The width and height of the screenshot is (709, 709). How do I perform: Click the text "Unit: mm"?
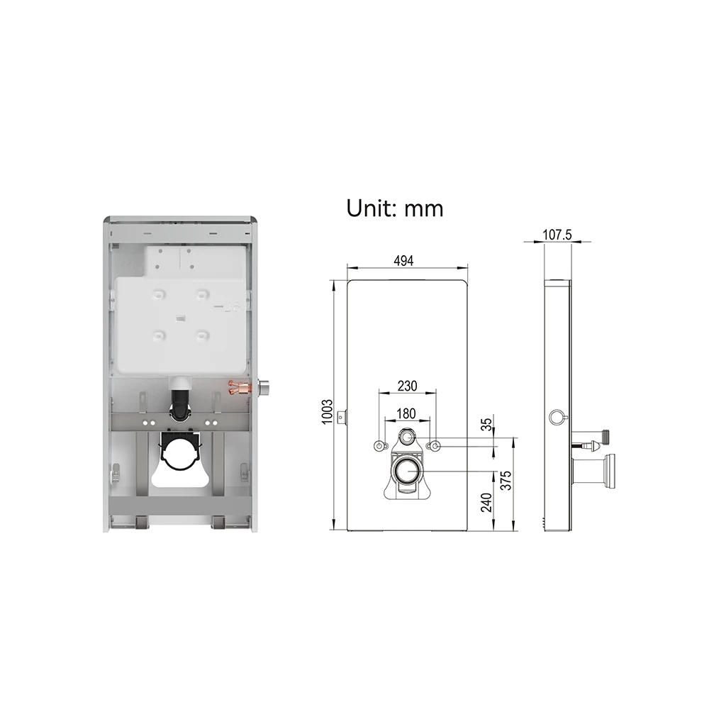click(394, 208)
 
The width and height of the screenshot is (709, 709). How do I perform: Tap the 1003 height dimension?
click(326, 411)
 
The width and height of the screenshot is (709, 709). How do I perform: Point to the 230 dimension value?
click(406, 386)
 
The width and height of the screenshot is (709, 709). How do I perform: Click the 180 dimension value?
click(406, 413)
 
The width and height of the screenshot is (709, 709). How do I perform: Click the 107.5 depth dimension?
click(558, 235)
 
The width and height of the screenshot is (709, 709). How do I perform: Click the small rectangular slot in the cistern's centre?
click(180, 317)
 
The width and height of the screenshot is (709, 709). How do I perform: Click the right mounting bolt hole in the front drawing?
click(434, 445)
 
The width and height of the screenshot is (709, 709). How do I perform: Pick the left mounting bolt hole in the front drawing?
click(381, 445)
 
